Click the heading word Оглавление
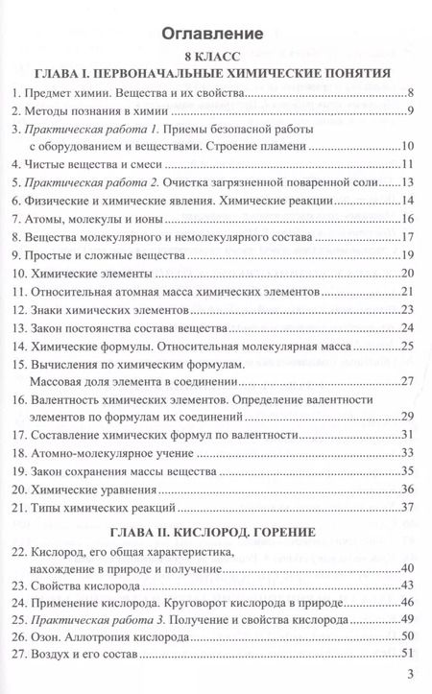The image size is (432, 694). tap(215, 34)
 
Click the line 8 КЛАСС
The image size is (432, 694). tap(215, 57)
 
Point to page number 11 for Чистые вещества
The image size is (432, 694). tap(407, 165)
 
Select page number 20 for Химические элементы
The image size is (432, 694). tap(407, 273)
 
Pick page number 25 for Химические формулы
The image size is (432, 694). tap(407, 344)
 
